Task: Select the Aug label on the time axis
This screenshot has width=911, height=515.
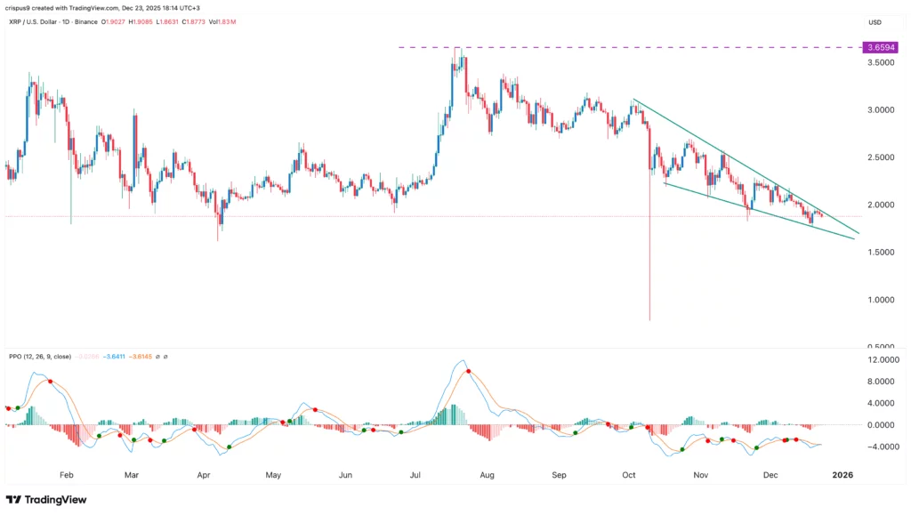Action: (487, 476)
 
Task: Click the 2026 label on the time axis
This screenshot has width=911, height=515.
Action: (842, 476)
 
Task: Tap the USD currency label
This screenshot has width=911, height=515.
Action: (875, 21)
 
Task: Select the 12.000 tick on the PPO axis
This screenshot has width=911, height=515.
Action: (875, 360)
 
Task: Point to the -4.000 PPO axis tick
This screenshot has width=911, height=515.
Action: (875, 447)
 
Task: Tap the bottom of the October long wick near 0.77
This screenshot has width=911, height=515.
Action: (649, 320)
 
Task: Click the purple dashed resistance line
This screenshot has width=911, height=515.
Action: (623, 47)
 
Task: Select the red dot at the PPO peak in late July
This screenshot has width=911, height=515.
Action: (468, 371)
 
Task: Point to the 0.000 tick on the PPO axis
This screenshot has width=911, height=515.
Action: (875, 425)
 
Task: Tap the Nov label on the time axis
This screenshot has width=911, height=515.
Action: (701, 476)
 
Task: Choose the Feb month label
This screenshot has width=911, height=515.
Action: (60, 476)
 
